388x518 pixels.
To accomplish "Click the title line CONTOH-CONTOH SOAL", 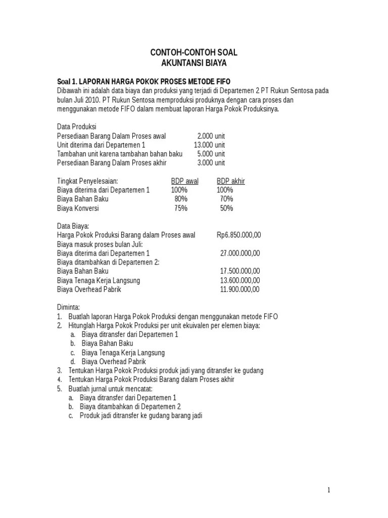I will point(194,53).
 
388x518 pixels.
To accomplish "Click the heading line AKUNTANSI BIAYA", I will point(194,63).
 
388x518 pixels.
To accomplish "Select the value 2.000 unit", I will point(211,136).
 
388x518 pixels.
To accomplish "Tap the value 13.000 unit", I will point(209,145).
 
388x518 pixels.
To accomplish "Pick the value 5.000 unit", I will point(211,154).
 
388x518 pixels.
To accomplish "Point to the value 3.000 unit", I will point(211,163).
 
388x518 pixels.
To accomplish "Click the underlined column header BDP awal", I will point(184,181).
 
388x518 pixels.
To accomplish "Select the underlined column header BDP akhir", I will point(230,181).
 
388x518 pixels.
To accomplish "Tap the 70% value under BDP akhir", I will point(226,199).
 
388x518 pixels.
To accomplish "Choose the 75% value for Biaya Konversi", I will point(180,208).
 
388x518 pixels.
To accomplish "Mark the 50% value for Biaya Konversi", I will point(226,208).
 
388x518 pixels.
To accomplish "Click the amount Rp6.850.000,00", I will point(238,235).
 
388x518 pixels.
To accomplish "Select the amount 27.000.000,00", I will point(240,253).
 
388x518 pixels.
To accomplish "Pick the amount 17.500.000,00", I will point(240,271).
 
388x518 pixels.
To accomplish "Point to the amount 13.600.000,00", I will point(240,280).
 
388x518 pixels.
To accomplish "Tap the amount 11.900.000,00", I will point(240,289).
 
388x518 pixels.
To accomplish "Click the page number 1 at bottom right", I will point(328,490).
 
